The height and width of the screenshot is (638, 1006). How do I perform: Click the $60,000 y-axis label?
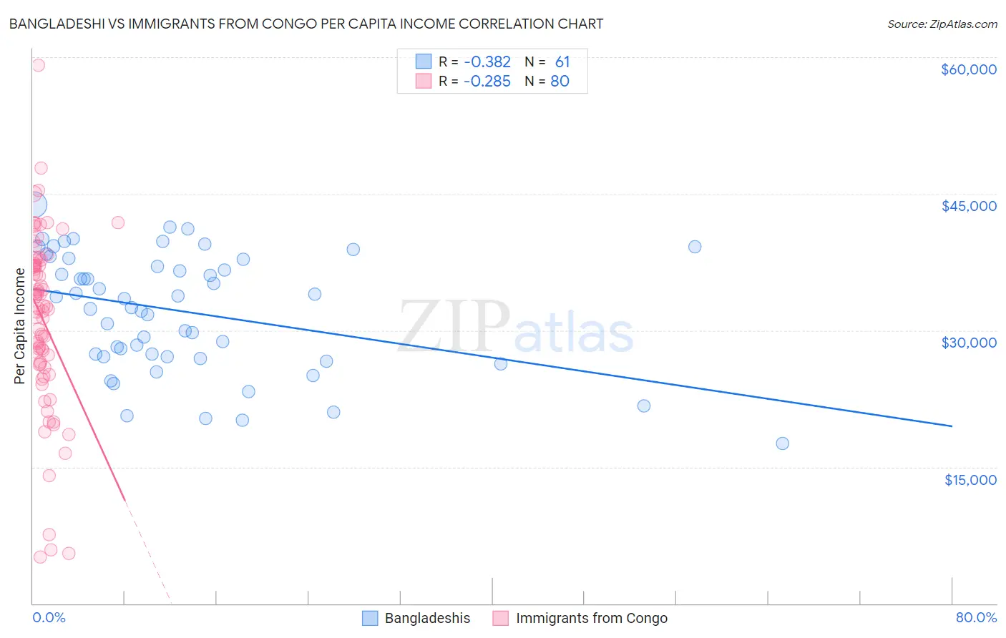tap(968, 69)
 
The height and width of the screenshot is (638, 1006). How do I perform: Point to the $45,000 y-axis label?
tap(968, 206)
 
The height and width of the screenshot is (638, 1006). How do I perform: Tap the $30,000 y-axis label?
tap(968, 343)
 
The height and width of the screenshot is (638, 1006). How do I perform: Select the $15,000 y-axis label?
tap(970, 480)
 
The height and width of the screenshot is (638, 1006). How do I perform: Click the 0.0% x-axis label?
tap(49, 618)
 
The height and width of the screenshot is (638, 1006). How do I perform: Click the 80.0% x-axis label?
tap(976, 618)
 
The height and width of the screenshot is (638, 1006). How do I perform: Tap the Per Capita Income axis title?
tap(20, 325)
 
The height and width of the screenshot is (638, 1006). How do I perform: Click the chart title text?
tap(306, 24)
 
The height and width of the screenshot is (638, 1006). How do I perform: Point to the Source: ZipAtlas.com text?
tap(942, 24)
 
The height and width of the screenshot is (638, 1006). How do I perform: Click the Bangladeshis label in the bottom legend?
tap(427, 619)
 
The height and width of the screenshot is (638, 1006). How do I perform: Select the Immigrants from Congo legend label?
tap(591, 619)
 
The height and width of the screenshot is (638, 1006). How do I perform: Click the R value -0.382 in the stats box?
tap(487, 62)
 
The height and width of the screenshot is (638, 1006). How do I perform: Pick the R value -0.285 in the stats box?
tap(487, 82)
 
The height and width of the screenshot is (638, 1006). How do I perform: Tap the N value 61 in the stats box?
tap(562, 62)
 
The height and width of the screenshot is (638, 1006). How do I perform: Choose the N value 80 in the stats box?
tap(560, 82)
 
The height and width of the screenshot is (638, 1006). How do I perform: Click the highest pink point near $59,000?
tap(38, 65)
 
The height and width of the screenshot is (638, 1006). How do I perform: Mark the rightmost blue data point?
tap(782, 443)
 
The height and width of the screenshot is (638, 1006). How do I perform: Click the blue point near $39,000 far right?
tap(694, 247)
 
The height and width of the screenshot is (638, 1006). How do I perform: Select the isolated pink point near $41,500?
tap(118, 222)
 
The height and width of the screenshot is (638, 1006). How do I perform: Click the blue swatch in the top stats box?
tap(424, 62)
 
